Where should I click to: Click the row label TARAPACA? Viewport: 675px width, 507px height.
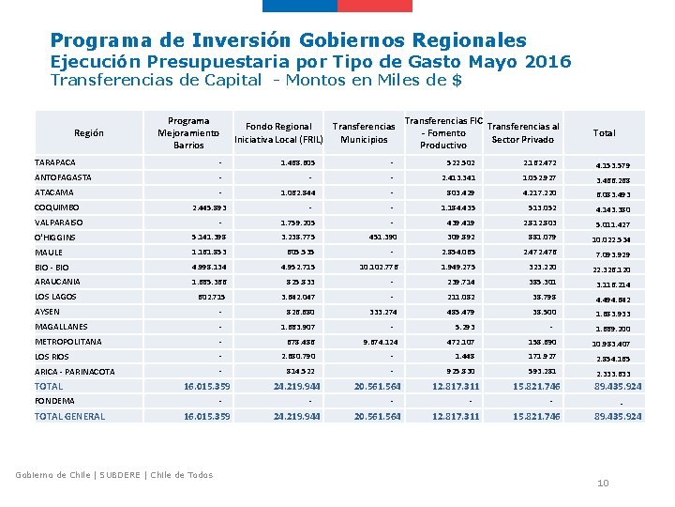click(x=55, y=161)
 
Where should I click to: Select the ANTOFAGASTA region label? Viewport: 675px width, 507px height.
click(x=63, y=177)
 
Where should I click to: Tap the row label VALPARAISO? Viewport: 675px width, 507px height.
click(x=59, y=223)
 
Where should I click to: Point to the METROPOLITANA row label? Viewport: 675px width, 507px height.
click(x=67, y=342)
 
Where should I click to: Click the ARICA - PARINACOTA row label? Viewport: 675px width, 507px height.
click(x=74, y=372)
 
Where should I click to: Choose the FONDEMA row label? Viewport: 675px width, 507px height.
click(x=54, y=401)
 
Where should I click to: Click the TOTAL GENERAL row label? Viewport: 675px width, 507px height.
click(x=69, y=416)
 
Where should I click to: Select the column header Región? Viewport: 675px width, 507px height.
click(x=88, y=133)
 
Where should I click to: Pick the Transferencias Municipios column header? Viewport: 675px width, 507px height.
click(x=364, y=133)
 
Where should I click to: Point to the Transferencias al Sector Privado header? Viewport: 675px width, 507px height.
click(x=523, y=133)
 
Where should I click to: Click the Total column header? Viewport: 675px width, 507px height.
click(x=605, y=133)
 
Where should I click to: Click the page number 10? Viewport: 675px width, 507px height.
click(x=603, y=483)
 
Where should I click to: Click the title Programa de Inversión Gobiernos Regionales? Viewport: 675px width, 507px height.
click(x=288, y=40)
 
